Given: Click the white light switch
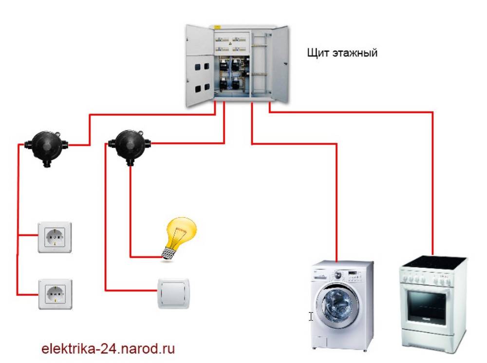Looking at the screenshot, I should click(173, 293).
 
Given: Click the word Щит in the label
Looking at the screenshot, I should click(317, 52).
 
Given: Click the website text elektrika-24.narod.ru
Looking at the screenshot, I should click(108, 349).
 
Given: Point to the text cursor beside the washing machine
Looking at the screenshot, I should click(311, 316).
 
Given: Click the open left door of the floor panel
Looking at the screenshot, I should click(199, 66).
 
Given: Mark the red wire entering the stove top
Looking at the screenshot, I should click(432, 246).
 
